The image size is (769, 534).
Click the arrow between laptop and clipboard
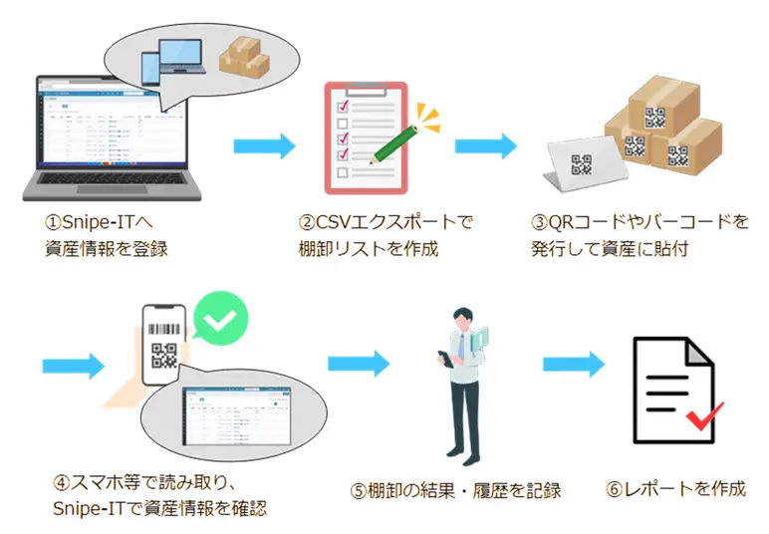tap(264, 147)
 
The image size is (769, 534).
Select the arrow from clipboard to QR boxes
tap(485, 146)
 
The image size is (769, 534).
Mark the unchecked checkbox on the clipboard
tap(343, 173)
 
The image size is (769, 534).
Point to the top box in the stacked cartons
tap(658, 106)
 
